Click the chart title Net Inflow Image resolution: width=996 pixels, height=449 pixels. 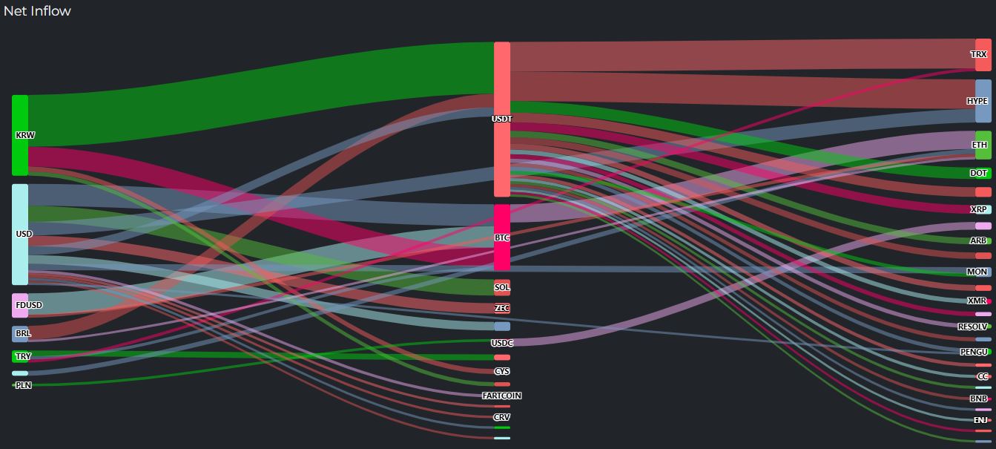tap(37, 11)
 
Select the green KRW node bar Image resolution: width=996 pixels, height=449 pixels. tap(20, 135)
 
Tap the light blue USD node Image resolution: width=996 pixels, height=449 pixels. tap(20, 235)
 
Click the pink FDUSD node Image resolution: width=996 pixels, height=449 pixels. tap(20, 305)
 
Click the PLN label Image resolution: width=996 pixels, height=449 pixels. tap(23, 385)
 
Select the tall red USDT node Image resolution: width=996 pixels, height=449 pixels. tap(502, 119)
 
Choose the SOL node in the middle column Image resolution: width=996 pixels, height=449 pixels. tap(502, 287)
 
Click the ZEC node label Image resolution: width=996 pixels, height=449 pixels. tap(502, 308)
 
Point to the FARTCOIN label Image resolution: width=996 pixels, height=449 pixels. tap(502, 396)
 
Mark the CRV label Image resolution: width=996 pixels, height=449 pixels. tap(502, 417)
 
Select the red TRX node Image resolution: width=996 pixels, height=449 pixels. tap(983, 54)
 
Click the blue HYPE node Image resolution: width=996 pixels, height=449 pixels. tap(983, 101)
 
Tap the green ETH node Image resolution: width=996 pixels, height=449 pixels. tap(983, 145)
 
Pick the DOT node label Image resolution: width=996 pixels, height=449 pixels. tap(979, 173)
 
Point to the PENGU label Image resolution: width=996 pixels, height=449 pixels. tap(974, 351)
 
